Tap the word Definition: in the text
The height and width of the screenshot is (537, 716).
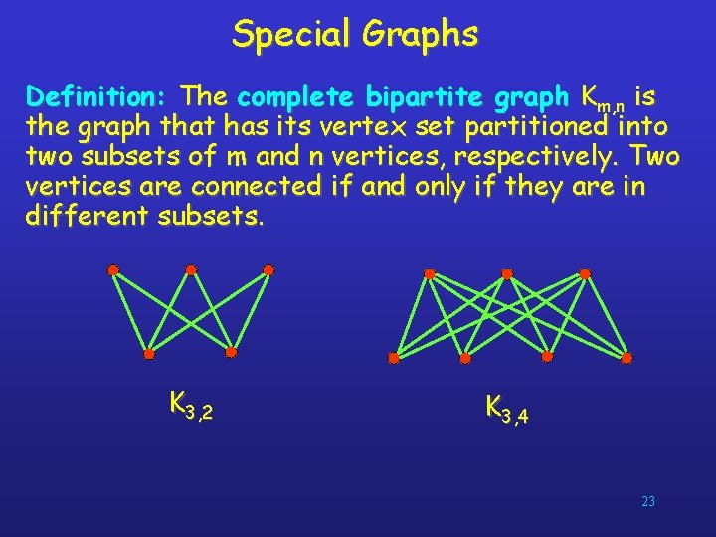coord(98,97)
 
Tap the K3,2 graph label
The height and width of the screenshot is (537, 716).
coord(191,405)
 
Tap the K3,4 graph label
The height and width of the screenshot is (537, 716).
coord(506,408)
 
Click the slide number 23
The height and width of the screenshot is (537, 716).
coord(648,502)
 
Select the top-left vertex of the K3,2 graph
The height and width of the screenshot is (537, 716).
coord(113,269)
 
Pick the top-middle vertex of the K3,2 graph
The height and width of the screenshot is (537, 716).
coord(191,269)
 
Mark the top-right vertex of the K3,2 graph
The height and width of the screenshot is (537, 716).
coord(268,269)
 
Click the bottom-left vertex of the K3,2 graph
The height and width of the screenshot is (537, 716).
coord(149,354)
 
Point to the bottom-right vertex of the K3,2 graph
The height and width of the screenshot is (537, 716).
coord(231,352)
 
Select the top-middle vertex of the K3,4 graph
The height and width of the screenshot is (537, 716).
coord(507,272)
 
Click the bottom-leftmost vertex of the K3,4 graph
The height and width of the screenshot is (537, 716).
coord(394,358)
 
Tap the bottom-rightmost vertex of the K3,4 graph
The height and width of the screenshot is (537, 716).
coord(626,357)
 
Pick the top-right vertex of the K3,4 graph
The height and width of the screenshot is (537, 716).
coord(585,272)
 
